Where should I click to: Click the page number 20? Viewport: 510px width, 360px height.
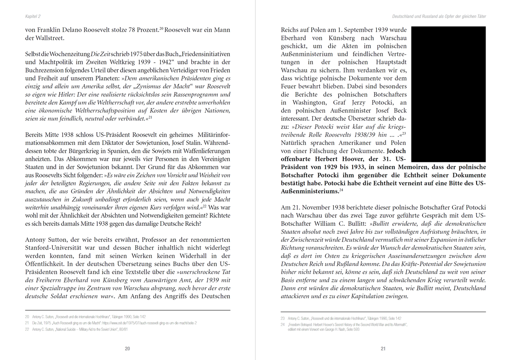pyautogui.click(x=127, y=348)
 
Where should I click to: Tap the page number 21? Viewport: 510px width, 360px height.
pyautogui.click(x=383, y=348)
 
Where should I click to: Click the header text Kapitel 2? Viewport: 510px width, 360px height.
pyautogui.click(x=33, y=16)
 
